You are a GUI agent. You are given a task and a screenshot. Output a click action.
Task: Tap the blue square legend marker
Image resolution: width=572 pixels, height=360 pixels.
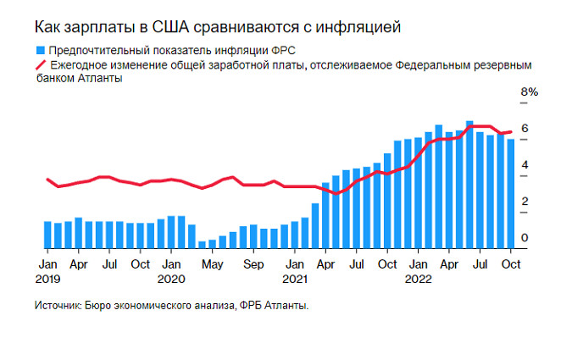pos(39,50)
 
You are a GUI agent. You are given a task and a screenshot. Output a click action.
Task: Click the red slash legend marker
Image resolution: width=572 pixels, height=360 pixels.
pos(40,64)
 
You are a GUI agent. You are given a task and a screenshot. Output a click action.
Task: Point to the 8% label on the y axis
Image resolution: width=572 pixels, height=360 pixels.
pos(529,91)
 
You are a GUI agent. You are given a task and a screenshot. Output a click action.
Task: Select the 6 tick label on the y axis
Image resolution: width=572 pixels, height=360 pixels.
pos(525,128)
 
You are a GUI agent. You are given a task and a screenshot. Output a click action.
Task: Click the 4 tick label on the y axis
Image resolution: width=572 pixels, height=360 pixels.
pos(525,164)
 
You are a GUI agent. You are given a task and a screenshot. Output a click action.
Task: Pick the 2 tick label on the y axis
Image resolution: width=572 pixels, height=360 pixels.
pos(525,202)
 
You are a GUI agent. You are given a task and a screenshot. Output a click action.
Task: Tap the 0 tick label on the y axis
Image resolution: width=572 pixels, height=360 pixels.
pos(525,238)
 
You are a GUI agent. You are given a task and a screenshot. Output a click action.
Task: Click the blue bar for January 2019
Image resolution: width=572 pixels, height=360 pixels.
pos(47,235)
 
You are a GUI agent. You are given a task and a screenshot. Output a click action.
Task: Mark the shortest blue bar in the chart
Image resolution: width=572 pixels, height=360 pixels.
pos(202,245)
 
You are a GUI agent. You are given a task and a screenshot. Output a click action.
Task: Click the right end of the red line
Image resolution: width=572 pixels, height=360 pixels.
pos(510,131)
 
